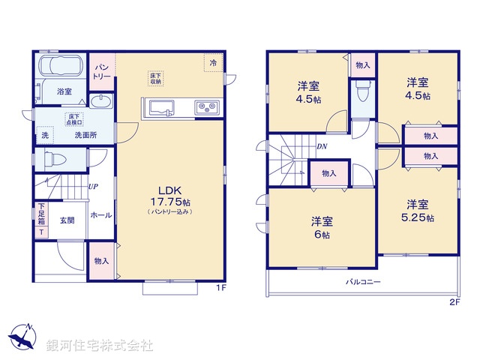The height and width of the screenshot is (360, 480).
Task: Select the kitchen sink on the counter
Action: pos(161,108)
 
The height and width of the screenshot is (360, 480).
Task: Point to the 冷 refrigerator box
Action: pos(213,63)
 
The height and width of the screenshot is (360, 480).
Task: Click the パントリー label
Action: pos(102,72)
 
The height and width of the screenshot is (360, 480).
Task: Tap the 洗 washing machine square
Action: pos(45,136)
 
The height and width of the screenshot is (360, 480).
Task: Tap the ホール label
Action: pos(100,215)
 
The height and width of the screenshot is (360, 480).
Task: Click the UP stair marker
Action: pos(94,186)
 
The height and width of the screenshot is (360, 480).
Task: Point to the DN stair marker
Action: pos(321,146)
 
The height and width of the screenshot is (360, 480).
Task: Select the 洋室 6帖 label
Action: pos(322,225)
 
